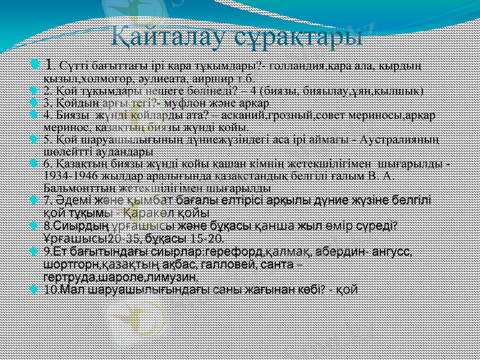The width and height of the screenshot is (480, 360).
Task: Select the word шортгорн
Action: pyautogui.click(x=68, y=265)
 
